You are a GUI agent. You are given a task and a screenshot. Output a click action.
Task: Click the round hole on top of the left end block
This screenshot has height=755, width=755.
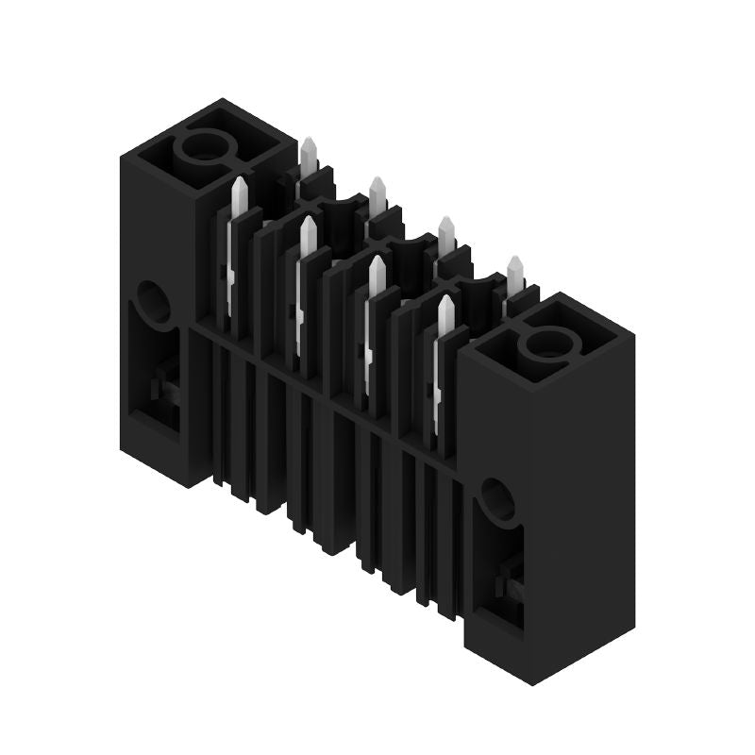click(x=202, y=147)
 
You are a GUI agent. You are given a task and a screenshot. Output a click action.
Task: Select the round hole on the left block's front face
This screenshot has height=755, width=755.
click(x=153, y=301)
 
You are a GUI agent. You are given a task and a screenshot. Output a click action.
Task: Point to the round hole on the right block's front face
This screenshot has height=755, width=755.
click(x=496, y=499)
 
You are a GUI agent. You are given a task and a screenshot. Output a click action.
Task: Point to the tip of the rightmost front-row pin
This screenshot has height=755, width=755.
click(x=445, y=305)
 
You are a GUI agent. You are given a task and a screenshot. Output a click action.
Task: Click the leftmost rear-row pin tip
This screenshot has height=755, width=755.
click(x=309, y=145)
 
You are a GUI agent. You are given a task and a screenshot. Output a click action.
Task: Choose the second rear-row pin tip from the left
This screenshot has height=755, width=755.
click(x=377, y=185)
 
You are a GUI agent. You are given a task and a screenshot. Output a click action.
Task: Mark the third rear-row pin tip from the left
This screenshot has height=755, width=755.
click(x=446, y=225)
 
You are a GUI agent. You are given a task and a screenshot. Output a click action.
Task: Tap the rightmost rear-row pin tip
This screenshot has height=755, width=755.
click(x=515, y=264)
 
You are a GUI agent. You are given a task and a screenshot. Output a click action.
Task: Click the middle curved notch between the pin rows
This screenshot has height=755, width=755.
click(x=411, y=249)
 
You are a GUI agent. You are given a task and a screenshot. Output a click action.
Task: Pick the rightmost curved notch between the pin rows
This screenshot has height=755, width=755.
click(x=478, y=288)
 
